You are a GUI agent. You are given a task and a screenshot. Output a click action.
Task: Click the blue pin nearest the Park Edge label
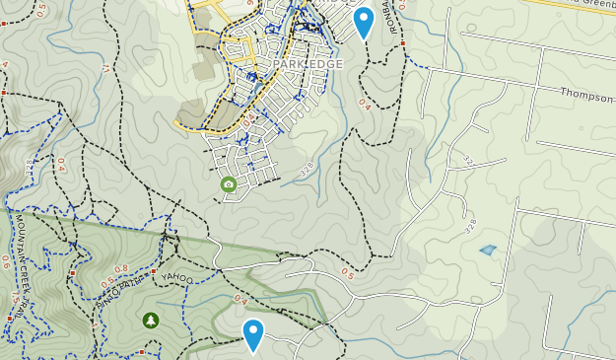364,21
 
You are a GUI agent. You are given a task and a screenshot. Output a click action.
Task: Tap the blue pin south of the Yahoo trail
253,333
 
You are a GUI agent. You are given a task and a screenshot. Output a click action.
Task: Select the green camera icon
229,184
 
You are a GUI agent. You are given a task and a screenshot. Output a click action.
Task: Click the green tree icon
150,320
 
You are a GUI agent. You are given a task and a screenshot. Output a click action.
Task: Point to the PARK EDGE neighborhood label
308,64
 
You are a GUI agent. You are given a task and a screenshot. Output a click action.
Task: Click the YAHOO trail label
178,278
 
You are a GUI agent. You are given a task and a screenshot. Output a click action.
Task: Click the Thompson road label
587,94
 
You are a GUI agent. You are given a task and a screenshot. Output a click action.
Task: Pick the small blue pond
488,251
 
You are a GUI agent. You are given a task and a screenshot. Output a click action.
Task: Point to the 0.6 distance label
6,262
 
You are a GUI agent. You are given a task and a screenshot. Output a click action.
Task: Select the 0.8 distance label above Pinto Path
121,268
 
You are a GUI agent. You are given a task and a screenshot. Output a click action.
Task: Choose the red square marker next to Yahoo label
155,271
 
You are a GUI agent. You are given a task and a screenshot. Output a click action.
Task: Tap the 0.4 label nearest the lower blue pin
240,299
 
